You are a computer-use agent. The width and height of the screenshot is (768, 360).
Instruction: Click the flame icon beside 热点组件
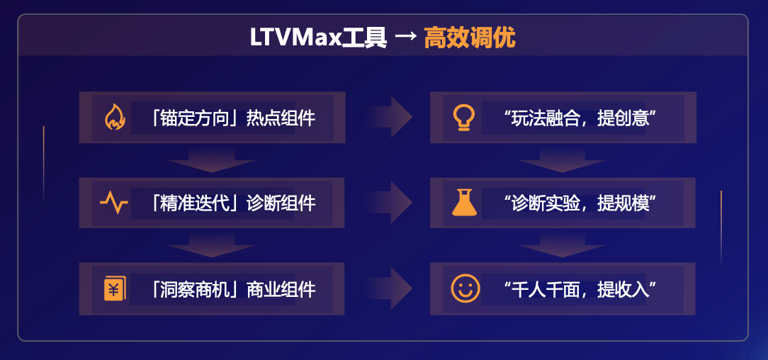point(115,117)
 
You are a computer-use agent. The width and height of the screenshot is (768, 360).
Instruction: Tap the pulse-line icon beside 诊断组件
point(114,203)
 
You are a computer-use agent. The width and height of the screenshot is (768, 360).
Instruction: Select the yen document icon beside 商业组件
point(114,289)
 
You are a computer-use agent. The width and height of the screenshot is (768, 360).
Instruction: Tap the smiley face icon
point(465,288)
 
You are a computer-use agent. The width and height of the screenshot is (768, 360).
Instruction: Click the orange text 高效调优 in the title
point(470,38)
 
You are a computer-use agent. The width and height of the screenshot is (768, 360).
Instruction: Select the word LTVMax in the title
point(295,38)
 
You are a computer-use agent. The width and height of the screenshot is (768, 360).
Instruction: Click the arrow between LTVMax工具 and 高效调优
point(405,38)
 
